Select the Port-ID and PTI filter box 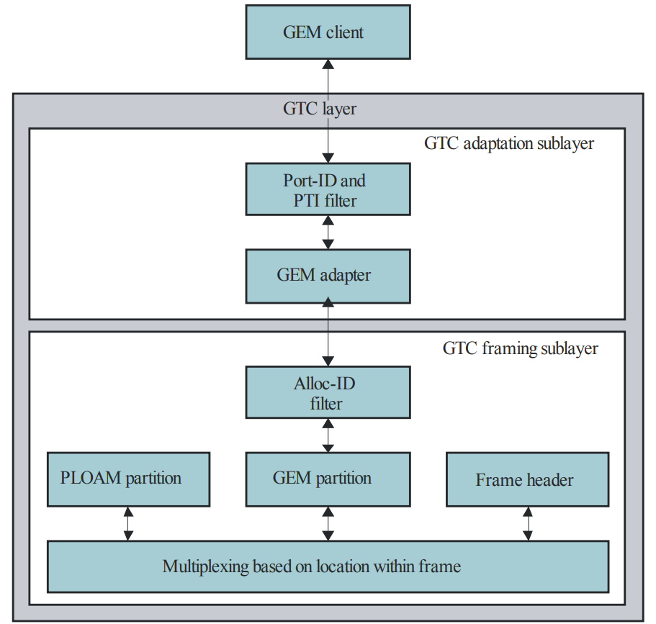click(328, 189)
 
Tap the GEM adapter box click(328, 276)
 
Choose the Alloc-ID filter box click(328, 393)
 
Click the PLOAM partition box click(128, 479)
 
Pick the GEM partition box click(328, 479)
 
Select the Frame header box click(527, 480)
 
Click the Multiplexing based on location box click(328, 566)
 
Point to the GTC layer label click(320, 109)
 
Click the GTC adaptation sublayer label click(508, 143)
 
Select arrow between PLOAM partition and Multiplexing click(128, 523)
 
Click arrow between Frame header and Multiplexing click(527, 523)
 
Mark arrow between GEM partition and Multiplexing click(328, 523)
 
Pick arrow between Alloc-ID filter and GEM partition click(328, 435)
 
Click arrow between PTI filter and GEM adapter click(328, 232)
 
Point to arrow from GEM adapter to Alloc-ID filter click(328, 334)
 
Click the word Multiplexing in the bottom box click(206, 566)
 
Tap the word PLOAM click(91, 479)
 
